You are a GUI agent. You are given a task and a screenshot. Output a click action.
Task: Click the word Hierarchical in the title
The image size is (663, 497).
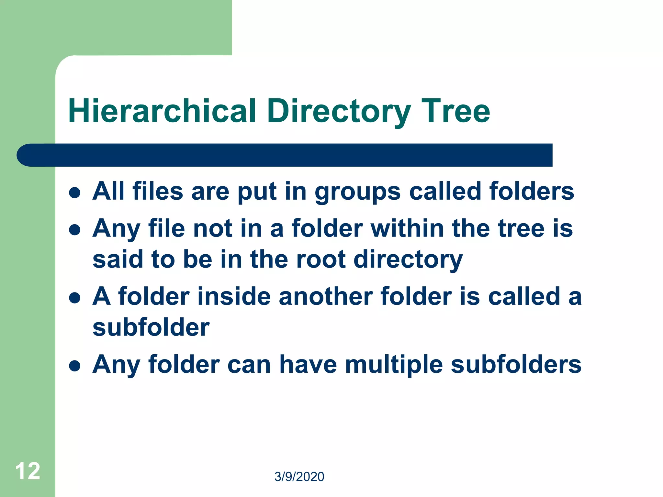[x=162, y=111]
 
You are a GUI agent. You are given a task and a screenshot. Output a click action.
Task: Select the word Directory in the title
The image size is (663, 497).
[x=339, y=111]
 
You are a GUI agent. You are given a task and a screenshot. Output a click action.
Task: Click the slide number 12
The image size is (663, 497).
[x=28, y=471]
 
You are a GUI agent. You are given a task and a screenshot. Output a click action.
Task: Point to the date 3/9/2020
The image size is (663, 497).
[x=299, y=477]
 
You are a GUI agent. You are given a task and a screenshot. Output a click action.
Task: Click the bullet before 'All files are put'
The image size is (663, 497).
[x=75, y=193]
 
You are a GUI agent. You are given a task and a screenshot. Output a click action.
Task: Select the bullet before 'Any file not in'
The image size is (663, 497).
[x=75, y=230]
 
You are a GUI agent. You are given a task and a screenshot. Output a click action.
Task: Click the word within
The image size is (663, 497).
[x=407, y=228]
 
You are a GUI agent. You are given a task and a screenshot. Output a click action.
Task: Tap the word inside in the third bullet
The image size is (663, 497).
[x=234, y=296]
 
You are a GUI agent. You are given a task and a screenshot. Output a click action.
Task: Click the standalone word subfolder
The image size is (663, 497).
[x=151, y=327]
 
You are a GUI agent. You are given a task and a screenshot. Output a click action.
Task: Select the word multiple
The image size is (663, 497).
[x=394, y=365]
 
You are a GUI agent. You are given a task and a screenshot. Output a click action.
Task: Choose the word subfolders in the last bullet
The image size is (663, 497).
[x=516, y=364]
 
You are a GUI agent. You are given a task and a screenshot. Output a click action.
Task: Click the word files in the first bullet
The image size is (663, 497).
[x=158, y=191]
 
